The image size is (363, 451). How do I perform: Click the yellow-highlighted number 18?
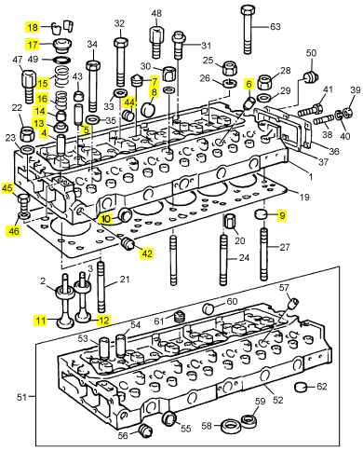33,27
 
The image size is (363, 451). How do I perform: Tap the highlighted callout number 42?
147,253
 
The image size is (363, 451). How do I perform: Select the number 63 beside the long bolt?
275,27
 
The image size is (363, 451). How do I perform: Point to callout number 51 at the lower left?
21,397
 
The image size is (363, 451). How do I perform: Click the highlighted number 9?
282,215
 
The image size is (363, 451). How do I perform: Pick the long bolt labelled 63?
247,30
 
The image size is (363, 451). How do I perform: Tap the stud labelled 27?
263,254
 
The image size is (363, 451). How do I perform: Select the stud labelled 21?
101,287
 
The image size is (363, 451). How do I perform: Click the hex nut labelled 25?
230,68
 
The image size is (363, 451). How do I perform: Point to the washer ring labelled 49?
60,60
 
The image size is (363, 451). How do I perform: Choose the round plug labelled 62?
301,388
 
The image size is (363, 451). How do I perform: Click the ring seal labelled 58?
230,426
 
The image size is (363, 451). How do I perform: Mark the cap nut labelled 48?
156,42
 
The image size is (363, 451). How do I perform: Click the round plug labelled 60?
208,309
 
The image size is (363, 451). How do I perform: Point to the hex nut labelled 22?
27,133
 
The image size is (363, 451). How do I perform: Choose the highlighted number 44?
130,102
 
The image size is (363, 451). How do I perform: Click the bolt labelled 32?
121,61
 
